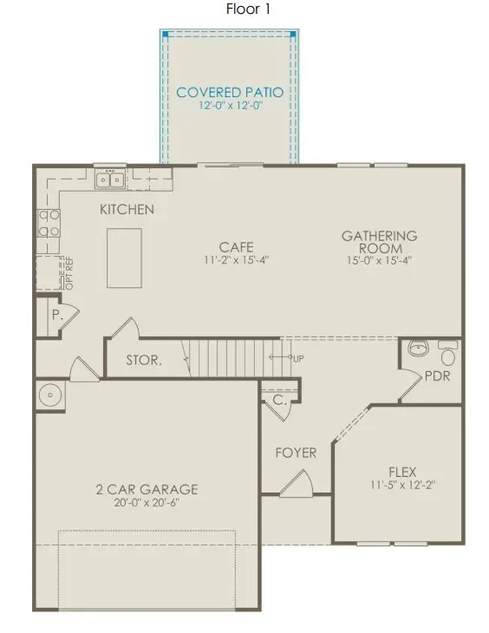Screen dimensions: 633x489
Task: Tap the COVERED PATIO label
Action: pos(230,92)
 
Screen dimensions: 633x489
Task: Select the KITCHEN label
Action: pos(127,209)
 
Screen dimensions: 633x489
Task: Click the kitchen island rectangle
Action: pos(123,258)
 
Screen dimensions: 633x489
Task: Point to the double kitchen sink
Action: pos(110,179)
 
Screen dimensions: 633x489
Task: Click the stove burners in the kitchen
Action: pos(47,224)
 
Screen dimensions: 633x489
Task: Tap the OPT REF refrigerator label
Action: pos(68,273)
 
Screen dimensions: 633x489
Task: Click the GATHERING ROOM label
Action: pos(379,241)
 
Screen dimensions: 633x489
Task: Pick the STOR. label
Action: pos(143,360)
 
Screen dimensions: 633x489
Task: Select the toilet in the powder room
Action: pos(447,355)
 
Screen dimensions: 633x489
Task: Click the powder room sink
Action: pos(419,349)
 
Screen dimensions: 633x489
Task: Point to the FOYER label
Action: pos(296,453)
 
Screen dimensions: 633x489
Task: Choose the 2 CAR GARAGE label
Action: pos(147,489)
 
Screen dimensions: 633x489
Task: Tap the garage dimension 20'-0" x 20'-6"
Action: pos(147,502)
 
